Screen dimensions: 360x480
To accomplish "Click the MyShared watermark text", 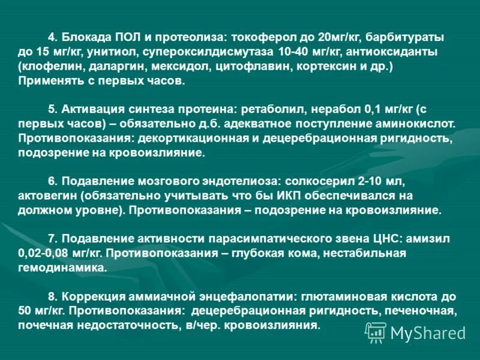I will [428, 332].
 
